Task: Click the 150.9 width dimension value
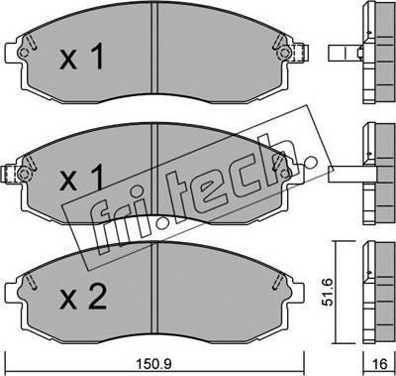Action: pos(154,364)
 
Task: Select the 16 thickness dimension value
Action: pos(379,364)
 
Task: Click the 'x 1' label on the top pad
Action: pos(81,57)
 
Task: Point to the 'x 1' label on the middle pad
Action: pos(81,178)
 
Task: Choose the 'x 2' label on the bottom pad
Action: pos(83,297)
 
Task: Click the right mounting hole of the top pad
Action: pos(284,53)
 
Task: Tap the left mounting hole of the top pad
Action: pos(24,53)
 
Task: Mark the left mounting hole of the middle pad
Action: pos(24,174)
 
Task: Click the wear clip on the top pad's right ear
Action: pos(302,53)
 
